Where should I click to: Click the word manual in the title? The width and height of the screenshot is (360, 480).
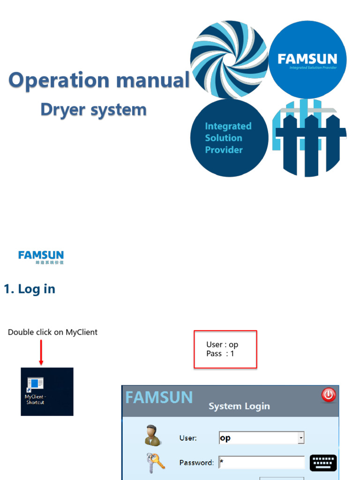click(x=153, y=80)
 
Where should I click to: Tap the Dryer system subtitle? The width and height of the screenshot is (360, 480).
click(x=93, y=110)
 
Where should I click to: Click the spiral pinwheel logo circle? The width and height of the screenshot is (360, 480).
click(x=229, y=60)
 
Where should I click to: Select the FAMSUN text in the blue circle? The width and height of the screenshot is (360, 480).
click(x=307, y=59)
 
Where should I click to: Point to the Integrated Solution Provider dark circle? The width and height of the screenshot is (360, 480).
click(x=229, y=138)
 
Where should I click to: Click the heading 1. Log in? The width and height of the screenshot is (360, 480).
click(x=30, y=289)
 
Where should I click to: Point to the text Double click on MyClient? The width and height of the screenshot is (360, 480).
click(x=52, y=332)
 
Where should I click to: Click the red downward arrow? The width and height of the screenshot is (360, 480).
click(x=41, y=352)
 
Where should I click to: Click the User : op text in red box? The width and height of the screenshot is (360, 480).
click(x=222, y=345)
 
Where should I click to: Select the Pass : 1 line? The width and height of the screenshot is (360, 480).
click(x=220, y=354)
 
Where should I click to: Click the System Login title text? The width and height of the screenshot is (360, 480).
click(x=239, y=406)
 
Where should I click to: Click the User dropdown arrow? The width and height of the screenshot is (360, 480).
click(x=301, y=438)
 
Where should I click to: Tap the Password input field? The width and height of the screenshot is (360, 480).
click(x=262, y=463)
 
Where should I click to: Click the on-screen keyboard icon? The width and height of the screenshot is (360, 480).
click(x=323, y=463)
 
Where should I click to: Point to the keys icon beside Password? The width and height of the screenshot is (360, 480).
click(x=155, y=463)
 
